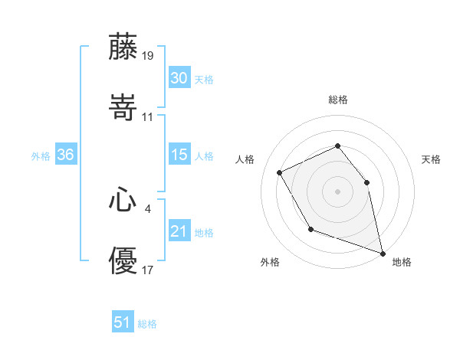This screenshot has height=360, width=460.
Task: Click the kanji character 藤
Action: coord(123,47)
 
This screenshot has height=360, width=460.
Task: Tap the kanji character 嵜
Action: coord(123,107)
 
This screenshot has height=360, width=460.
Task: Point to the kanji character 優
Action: coord(123,260)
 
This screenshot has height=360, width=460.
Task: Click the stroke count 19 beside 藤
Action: coord(148,56)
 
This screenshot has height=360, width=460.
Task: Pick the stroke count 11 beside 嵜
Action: coord(148,117)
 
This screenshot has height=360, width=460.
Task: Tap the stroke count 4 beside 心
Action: coord(148,208)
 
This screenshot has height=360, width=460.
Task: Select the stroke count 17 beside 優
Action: coord(148,270)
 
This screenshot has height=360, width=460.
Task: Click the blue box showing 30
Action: coord(179,78)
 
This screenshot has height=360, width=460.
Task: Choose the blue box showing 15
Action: coord(179,155)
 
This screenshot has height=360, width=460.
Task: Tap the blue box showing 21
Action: coord(179,231)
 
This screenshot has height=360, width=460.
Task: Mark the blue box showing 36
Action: coord(65,155)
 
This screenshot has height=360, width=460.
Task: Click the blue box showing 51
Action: coord(123,322)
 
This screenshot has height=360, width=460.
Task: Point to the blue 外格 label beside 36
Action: coord(41,155)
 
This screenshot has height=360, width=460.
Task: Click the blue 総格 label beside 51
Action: coord(147,324)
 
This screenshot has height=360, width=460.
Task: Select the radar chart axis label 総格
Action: coord(338,100)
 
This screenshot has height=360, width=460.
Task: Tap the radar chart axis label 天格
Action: coord(432,159)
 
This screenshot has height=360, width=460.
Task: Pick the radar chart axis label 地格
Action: coord(402,262)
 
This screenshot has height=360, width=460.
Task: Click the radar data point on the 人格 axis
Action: coord(280,172)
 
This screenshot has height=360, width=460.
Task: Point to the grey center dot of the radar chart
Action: coord(337,191)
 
